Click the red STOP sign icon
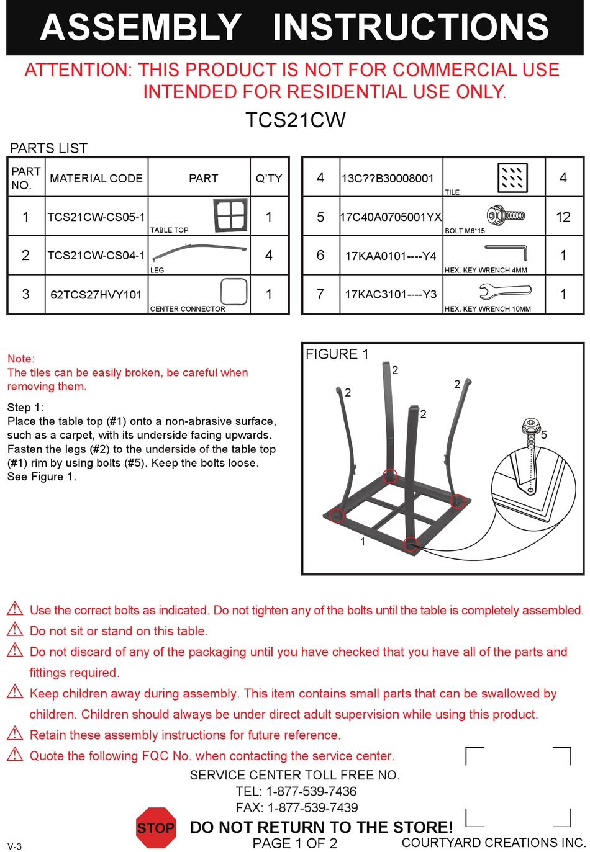coord(156,828)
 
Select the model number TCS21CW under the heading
coord(295,120)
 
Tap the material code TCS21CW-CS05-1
coord(96,217)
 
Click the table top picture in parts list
coord(230,215)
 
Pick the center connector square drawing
coord(234,292)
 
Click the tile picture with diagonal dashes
coord(512,178)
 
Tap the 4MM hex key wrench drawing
coord(507,251)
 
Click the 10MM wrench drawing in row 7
coord(505,290)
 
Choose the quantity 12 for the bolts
coord(563,217)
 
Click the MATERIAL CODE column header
coord(96,179)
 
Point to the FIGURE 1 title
coord(337,354)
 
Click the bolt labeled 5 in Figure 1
coord(530,433)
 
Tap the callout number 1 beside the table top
coord(363,542)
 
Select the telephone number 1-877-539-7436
coord(311,792)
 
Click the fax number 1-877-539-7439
coord(312,808)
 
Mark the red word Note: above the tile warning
coord(21,359)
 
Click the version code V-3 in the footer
coord(14,846)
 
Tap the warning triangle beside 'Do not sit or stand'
coord(15,630)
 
